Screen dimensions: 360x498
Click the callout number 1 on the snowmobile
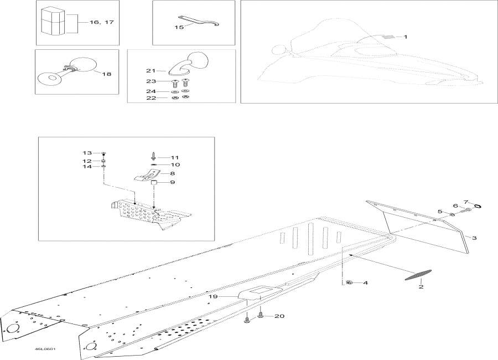point(406,37)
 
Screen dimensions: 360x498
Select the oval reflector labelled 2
point(419,274)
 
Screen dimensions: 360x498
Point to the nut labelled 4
point(349,283)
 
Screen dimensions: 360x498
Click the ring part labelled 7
point(478,205)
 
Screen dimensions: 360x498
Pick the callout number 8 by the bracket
point(165,173)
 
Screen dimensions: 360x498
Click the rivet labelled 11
point(153,157)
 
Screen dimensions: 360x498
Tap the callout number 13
point(87,152)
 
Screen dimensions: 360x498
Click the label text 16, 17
point(101,23)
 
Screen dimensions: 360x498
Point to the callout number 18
point(106,73)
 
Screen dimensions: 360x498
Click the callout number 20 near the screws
point(279,316)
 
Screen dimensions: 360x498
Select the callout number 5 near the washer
point(440,212)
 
